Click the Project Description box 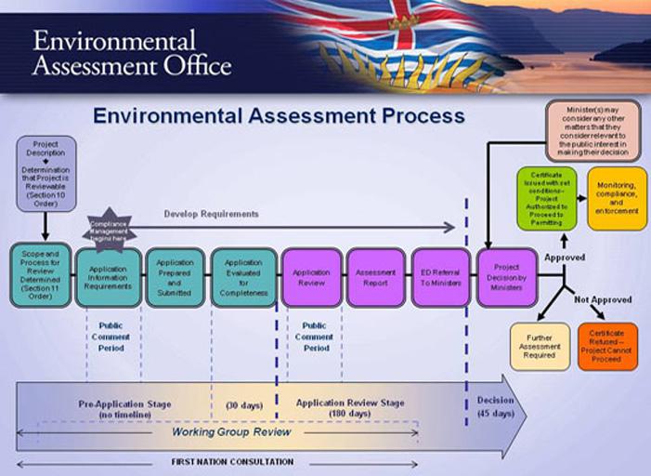tap(46, 174)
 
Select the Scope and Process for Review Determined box tap(39, 276)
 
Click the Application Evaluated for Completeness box tap(242, 277)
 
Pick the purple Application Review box tap(311, 277)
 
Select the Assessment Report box tap(375, 277)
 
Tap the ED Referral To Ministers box tap(441, 277)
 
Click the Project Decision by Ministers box tap(506, 276)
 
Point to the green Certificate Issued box tap(546, 198)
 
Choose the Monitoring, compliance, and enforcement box tap(617, 198)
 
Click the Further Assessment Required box tap(540, 347)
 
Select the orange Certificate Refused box tap(607, 347)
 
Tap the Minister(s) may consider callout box tap(592, 131)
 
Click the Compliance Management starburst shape tap(109, 229)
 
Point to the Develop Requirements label tap(211, 214)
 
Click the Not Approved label tap(602, 300)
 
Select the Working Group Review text tap(231, 432)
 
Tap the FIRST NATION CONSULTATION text tap(232, 462)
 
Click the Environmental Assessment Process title tap(279, 116)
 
